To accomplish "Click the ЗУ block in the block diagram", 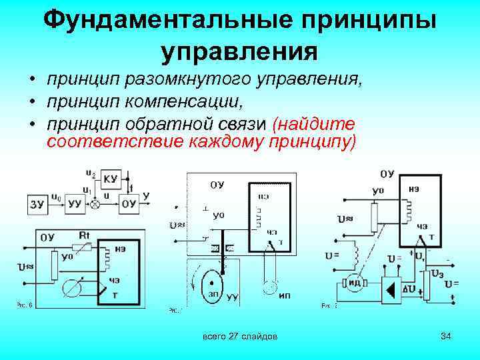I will point(37,203).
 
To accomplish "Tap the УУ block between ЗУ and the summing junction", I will point(75,203).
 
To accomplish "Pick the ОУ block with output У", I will point(129,203).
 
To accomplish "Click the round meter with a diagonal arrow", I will point(74,287).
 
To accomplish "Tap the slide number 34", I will point(446,337).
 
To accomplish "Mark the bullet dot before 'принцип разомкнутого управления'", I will point(31,81).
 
